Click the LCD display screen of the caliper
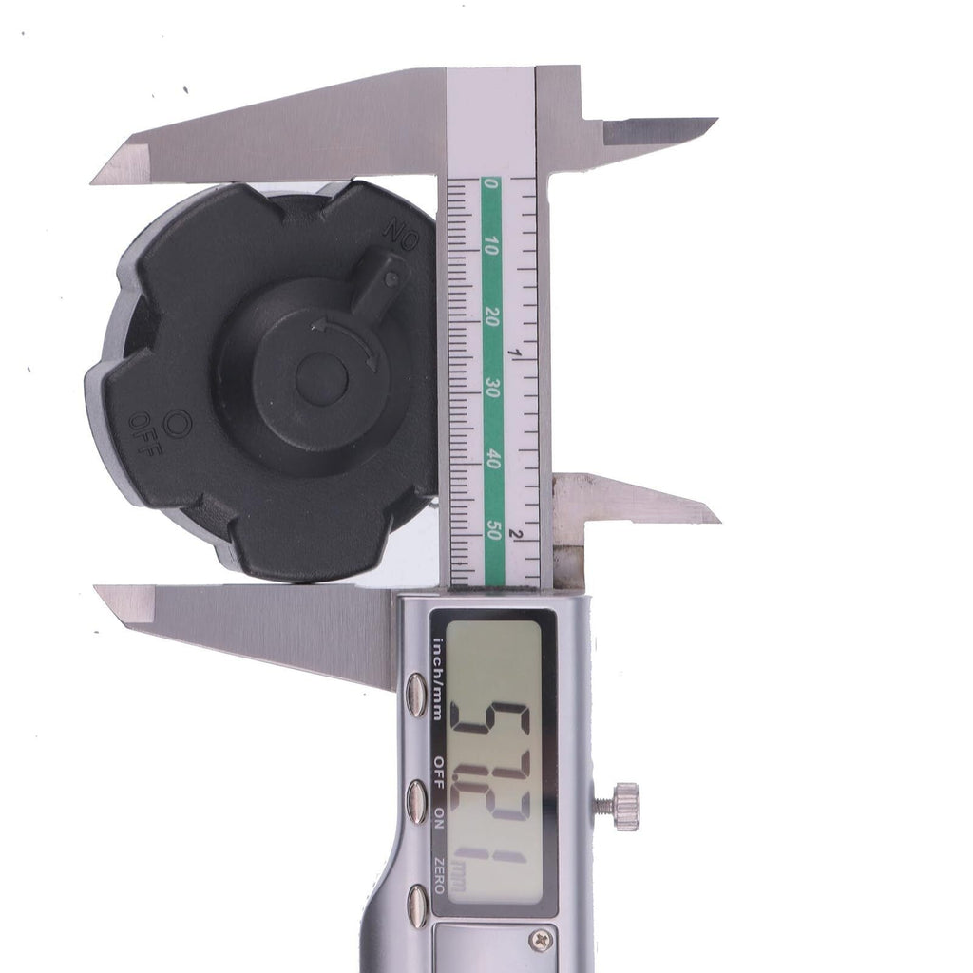(494, 763)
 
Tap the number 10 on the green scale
(491, 246)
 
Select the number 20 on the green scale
(491, 317)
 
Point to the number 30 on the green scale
(492, 389)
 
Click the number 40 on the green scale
(493, 460)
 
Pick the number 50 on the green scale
(494, 530)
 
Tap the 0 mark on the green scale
(490, 183)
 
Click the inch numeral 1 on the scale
(514, 353)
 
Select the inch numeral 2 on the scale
(514, 534)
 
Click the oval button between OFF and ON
(416, 802)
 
